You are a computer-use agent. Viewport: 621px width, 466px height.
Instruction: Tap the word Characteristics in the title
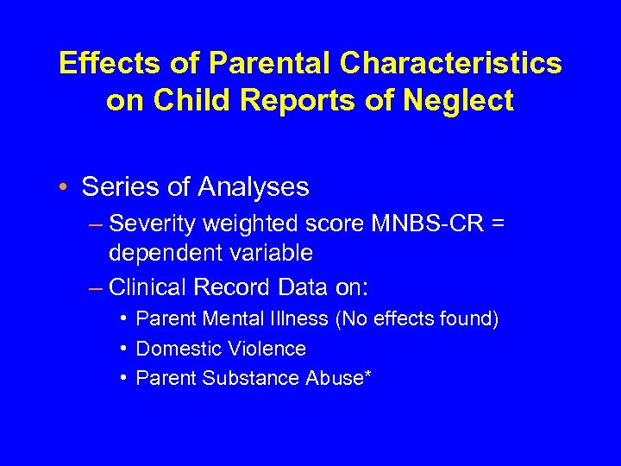(450, 63)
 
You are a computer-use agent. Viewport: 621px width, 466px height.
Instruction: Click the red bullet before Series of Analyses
(66, 186)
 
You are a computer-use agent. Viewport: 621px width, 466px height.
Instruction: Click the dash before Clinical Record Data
(96, 286)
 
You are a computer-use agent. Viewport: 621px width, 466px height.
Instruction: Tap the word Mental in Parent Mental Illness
(231, 319)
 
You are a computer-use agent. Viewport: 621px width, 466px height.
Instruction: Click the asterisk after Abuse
(367, 375)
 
